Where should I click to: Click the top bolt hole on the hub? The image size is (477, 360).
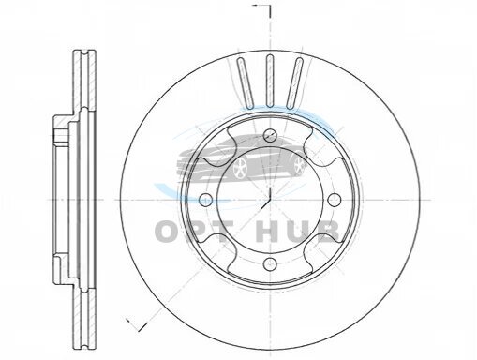[270, 135]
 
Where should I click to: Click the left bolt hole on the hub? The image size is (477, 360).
[205, 200]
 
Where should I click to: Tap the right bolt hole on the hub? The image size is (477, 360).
[335, 200]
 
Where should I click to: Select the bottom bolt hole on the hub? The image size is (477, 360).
[270, 264]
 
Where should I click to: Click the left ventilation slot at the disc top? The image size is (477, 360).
[246, 82]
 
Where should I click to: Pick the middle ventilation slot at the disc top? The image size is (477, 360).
[270, 82]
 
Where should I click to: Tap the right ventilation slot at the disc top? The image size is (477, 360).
[294, 82]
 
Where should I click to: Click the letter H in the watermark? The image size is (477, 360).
[268, 232]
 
